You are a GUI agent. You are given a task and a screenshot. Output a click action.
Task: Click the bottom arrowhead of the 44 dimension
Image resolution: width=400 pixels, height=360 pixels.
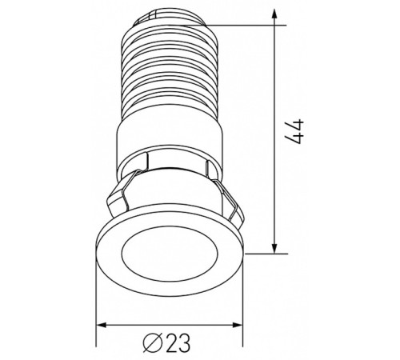[x=276, y=246]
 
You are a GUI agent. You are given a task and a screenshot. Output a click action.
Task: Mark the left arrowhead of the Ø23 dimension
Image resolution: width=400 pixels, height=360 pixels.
[x=102, y=326]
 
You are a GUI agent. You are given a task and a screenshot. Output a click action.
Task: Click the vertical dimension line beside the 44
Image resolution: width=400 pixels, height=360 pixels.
[x=276, y=184]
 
